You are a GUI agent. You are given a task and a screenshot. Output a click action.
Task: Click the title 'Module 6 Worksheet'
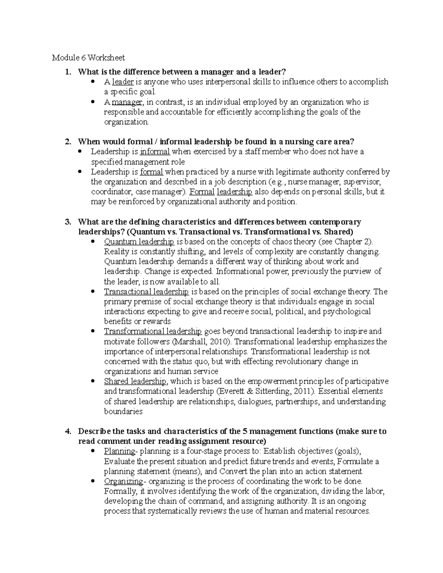pos(88,58)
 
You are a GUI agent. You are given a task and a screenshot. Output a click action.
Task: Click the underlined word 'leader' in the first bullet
pos(123,82)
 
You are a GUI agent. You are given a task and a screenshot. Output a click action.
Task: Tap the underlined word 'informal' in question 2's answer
pos(155,152)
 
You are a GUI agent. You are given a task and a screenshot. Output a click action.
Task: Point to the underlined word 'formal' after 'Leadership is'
pos(151,172)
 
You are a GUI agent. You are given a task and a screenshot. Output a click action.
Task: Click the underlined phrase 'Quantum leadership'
pos(139,242)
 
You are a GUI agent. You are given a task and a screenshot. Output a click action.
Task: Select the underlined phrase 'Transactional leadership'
pos(146,292)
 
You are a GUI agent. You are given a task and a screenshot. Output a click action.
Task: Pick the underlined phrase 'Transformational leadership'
pos(153,331)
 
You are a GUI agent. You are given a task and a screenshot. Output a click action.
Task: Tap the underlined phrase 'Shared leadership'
pos(135,382)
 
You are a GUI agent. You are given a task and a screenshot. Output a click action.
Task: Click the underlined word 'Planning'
pos(120,451)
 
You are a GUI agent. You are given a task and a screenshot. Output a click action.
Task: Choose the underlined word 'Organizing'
pos(123,481)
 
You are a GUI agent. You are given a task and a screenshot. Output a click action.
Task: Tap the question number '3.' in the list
pos(68,222)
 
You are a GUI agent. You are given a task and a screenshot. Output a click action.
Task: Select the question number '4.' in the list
pos(68,431)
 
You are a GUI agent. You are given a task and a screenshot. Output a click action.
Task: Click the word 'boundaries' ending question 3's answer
pos(123,411)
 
